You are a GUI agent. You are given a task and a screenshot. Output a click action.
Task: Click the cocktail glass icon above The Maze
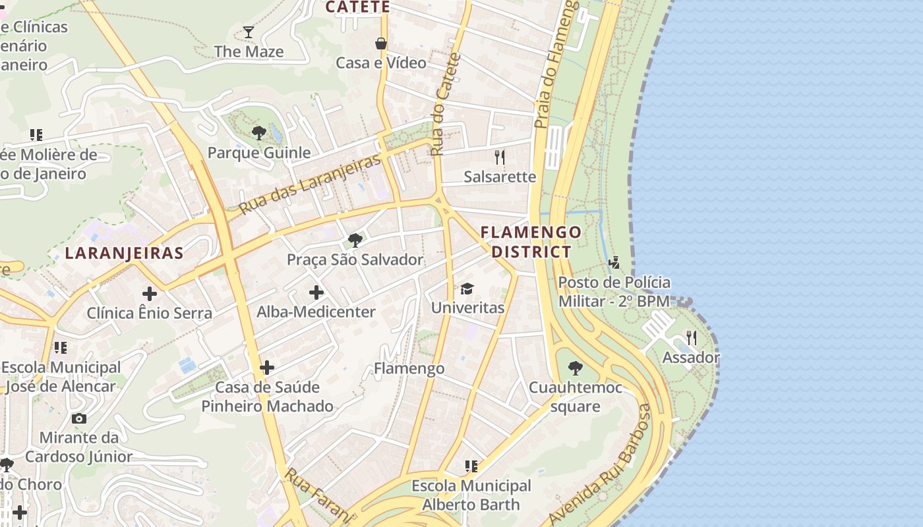[x=248, y=32]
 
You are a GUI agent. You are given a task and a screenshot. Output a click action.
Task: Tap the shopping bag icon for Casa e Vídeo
[x=381, y=43]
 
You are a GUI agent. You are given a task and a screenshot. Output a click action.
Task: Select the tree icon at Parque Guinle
[x=258, y=133]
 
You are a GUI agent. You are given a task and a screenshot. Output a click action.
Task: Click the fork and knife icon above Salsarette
[x=500, y=157]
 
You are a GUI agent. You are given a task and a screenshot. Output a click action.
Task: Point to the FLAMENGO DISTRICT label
[x=531, y=242]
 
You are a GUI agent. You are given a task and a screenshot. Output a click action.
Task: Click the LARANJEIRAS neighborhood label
[x=124, y=253]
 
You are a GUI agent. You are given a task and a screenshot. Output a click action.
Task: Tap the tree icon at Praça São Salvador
[x=355, y=240]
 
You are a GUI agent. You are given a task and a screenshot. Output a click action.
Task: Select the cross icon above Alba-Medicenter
[x=316, y=292]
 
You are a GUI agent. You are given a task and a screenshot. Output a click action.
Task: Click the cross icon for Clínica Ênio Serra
[x=150, y=293]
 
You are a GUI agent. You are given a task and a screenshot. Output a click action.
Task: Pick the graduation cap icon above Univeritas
[x=467, y=289]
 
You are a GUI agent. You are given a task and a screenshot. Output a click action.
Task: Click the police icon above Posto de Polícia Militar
[x=614, y=263]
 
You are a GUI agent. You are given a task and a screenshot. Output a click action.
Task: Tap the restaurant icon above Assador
[x=691, y=338]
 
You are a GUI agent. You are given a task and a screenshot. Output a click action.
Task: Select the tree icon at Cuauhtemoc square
[x=576, y=368]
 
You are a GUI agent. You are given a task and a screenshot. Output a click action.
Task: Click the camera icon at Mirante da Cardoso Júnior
[x=79, y=418]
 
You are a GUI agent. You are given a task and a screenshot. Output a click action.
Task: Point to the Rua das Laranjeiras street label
[x=310, y=184]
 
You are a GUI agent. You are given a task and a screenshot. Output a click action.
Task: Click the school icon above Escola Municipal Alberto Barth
[x=471, y=466]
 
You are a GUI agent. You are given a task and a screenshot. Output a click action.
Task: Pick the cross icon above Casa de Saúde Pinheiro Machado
[x=267, y=367]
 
